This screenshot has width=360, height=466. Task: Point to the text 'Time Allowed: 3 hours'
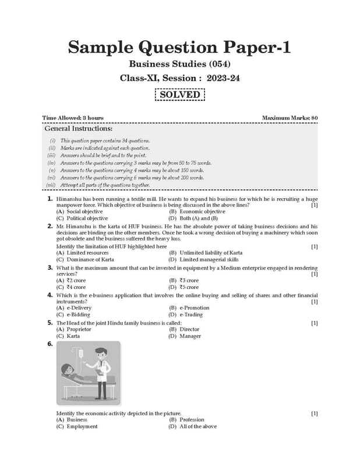(73, 118)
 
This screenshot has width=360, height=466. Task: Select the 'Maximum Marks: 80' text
(290, 118)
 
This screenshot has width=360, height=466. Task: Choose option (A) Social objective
(81, 211)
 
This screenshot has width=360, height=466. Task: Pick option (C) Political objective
(82, 218)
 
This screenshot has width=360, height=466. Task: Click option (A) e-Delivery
(74, 308)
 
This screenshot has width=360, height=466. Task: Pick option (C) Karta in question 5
(69, 336)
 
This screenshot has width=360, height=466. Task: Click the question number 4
(51, 295)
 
